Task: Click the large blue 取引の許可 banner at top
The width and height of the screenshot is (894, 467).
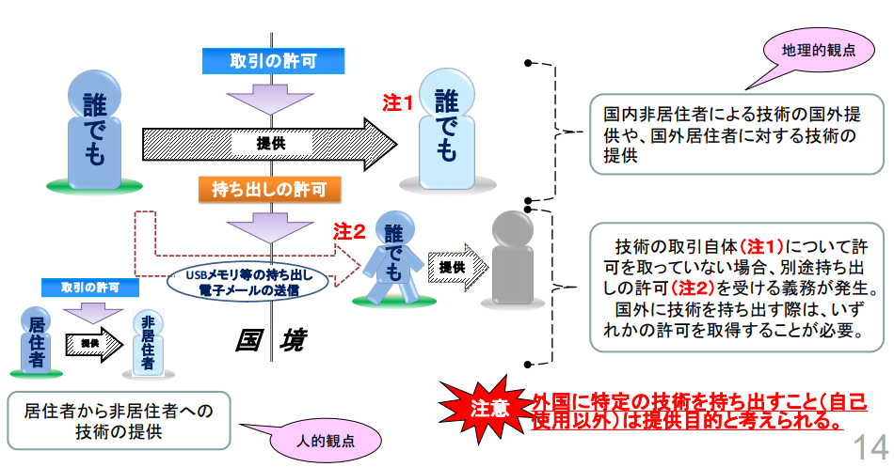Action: pos(274,61)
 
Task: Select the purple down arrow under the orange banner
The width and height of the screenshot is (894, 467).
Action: pos(268,226)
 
